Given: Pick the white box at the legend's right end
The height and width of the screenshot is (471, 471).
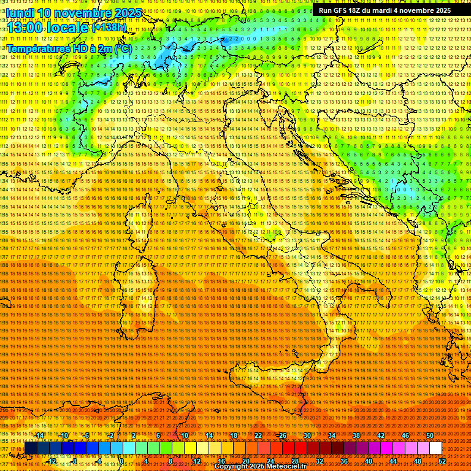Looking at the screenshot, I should click(x=435, y=448).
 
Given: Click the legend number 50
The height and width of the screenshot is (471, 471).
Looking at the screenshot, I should click(x=429, y=435).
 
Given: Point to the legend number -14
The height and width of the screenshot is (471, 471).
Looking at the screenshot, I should click(x=39, y=435).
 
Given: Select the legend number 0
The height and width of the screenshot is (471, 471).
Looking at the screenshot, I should click(x=121, y=461).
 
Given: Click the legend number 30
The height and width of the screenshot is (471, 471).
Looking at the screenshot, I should click(x=307, y=435).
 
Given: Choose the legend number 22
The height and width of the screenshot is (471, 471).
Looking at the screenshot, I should click(x=258, y=435).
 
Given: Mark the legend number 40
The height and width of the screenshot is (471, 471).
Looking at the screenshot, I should click(x=369, y=461).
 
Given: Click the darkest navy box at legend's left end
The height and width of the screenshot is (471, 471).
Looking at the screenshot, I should click(x=31, y=448).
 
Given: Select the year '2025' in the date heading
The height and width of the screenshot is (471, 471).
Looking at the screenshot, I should click(x=122, y=13).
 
